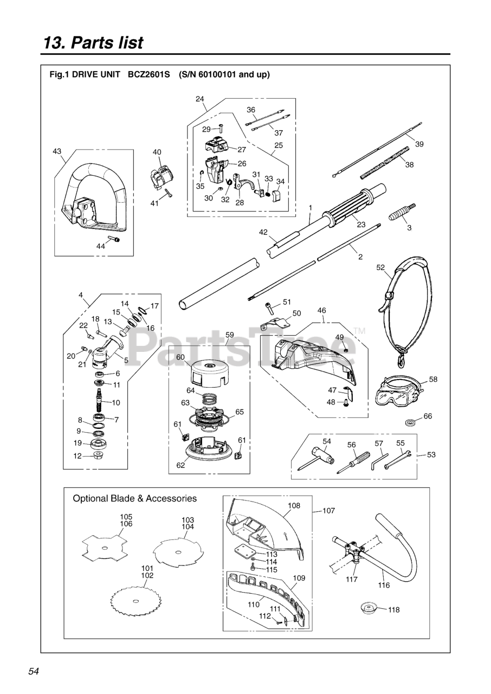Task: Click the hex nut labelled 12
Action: tap(98, 455)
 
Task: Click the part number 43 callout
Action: tap(57, 152)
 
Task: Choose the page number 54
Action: tap(34, 671)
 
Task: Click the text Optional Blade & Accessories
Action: tap(135, 498)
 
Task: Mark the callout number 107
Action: tap(328, 511)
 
